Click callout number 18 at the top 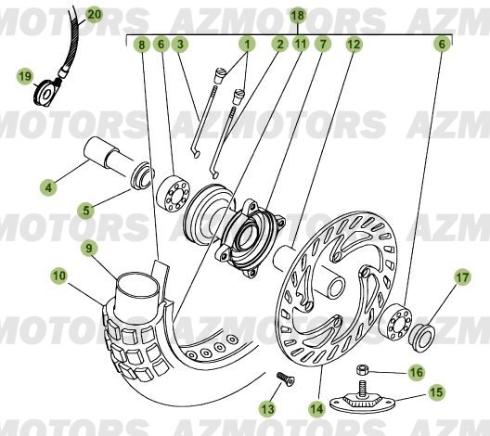click(x=296, y=16)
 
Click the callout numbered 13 click(x=268, y=409)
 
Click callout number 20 click(x=94, y=15)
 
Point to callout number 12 click(x=354, y=44)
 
